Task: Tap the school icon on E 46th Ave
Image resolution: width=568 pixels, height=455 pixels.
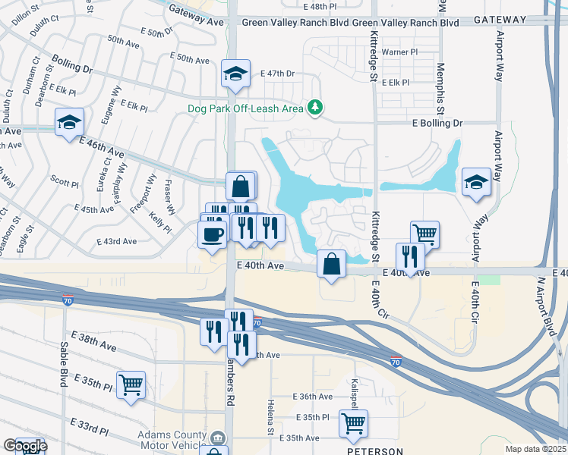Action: (x=69, y=121)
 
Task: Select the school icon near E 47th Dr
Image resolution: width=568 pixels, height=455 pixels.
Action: (x=235, y=74)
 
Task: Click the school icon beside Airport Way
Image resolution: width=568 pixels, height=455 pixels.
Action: (x=476, y=182)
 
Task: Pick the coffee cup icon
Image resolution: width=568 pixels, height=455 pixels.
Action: (x=213, y=233)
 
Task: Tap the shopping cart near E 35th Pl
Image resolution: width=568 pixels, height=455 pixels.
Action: (x=131, y=384)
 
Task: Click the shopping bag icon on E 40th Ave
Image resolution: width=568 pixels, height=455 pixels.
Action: (x=332, y=264)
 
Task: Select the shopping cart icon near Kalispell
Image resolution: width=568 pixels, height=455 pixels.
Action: (x=353, y=424)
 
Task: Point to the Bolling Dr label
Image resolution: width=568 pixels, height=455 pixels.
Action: (x=72, y=64)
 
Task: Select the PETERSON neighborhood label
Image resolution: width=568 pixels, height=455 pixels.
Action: (x=375, y=451)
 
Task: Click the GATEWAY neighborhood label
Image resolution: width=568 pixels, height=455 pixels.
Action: (x=499, y=20)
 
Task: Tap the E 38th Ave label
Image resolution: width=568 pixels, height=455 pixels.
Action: (x=94, y=341)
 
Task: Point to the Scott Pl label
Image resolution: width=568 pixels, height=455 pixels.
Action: (x=65, y=183)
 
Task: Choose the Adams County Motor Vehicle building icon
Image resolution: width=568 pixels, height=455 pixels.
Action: (x=217, y=438)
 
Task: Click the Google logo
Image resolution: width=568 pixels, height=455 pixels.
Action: (x=25, y=446)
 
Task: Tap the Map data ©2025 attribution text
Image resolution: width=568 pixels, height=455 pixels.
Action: (x=535, y=448)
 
